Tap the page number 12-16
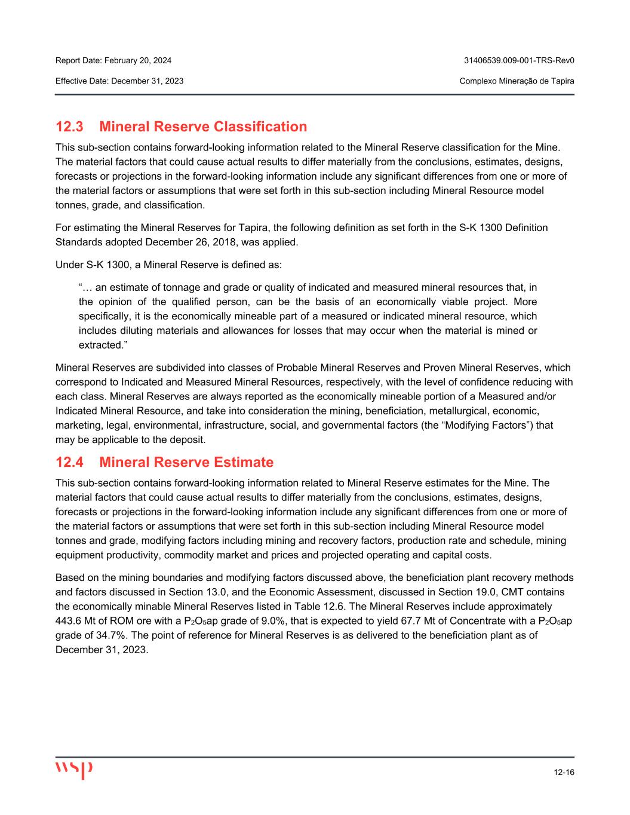pos(564,773)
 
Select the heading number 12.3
pos(70,127)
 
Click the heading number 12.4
pos(70,463)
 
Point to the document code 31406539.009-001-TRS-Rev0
pos(519,60)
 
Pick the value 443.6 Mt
pos(74,621)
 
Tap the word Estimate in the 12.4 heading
pos(241,463)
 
